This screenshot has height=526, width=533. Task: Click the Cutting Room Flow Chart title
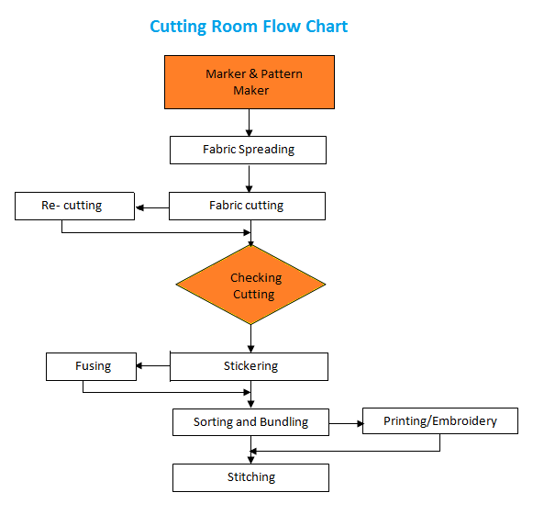249,27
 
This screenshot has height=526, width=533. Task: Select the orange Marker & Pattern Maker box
249,82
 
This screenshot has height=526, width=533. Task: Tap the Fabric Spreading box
248,150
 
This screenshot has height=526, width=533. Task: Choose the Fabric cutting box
247,206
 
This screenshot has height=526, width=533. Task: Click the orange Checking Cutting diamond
250,285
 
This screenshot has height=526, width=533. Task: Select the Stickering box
250,366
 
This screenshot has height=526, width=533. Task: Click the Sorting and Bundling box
250,422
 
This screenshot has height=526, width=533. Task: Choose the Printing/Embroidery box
439,421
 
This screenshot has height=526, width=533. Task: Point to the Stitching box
250,477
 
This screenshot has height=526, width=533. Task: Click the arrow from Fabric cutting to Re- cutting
152,209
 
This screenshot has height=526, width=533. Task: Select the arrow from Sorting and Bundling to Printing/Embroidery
345,423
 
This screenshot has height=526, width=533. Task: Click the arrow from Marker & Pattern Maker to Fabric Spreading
250,123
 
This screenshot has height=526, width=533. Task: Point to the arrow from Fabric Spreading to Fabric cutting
250,178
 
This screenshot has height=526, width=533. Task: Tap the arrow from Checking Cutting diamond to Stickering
250,339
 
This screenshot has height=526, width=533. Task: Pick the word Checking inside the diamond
256,277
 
